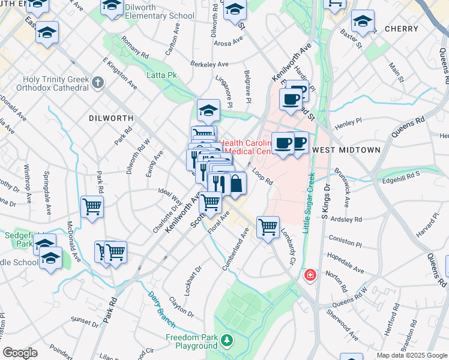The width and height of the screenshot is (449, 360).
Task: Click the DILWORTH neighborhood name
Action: coord(110,118)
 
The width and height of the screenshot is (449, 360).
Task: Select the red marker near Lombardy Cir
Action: coord(310,275)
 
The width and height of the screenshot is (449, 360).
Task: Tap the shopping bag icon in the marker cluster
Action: coord(236,184)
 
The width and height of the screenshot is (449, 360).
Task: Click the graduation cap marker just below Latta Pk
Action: coord(208,110)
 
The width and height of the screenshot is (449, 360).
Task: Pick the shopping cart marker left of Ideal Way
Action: coord(92,207)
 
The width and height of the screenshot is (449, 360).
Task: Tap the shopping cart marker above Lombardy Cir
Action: coord(268,227)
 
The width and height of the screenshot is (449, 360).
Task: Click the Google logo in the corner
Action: coord(20,353)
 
